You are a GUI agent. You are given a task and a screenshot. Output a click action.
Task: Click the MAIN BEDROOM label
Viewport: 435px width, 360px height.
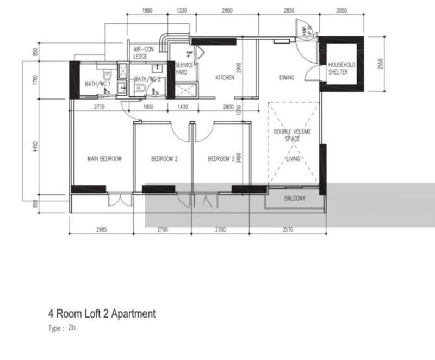click(x=104, y=159)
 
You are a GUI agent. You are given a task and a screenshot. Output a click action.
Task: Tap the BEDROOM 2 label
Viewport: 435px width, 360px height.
click(x=164, y=159)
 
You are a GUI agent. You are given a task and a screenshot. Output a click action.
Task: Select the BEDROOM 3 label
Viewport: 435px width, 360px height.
click(x=221, y=159)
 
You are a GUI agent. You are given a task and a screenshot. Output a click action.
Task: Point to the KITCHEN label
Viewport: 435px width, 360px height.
click(x=225, y=78)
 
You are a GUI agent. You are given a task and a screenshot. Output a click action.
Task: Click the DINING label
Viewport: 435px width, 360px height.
click(x=287, y=78)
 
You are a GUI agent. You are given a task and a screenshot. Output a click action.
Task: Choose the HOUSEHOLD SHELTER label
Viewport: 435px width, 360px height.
click(x=341, y=69)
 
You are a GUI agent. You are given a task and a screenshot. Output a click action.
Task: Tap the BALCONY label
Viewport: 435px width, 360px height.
click(x=295, y=198)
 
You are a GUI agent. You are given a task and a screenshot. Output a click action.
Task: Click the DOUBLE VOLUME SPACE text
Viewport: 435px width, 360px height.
click(x=289, y=135)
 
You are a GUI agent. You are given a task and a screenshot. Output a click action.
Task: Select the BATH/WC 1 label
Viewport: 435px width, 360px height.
click(x=97, y=84)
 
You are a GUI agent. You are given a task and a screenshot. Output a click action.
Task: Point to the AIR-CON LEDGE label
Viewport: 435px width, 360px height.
click(x=145, y=53)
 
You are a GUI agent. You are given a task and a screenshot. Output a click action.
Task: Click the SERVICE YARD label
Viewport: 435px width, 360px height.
click(x=184, y=69)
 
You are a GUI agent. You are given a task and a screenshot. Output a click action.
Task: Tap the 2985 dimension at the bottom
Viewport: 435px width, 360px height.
click(x=101, y=230)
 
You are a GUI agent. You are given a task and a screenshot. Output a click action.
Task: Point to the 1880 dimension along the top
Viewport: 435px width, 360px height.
click(x=147, y=11)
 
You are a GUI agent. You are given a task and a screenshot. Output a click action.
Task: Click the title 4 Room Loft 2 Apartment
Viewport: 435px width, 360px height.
click(x=102, y=314)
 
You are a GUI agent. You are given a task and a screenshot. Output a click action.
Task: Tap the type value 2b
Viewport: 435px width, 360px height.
click(x=72, y=328)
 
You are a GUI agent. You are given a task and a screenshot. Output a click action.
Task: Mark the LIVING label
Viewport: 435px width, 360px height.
click(x=294, y=159)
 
